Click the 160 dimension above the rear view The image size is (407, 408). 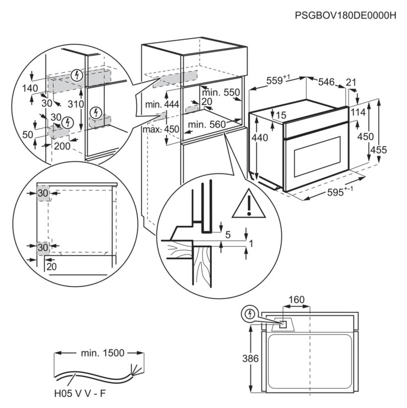pos(296,300)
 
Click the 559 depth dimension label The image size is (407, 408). pos(276,81)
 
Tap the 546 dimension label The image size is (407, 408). pos(326,82)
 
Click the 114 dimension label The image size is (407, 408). pos(359,113)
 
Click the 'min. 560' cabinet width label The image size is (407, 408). pos(206,125)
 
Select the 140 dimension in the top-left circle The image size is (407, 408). pos(30,88)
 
